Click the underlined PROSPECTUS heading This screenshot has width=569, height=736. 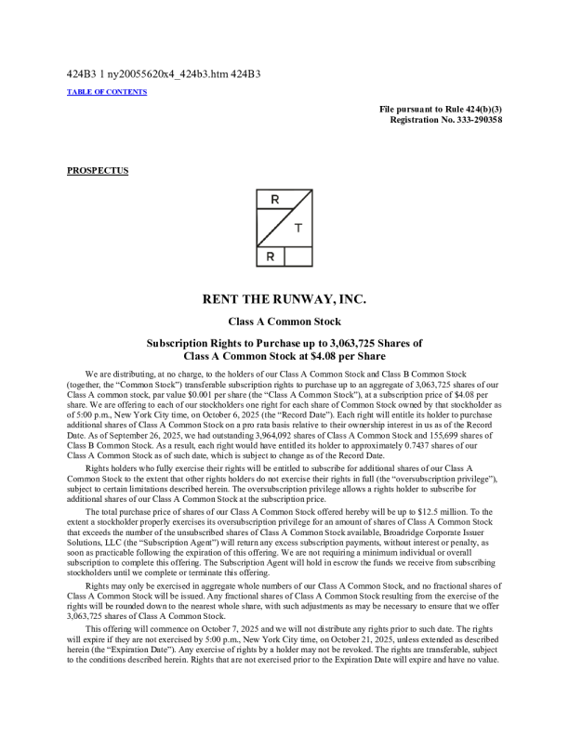click(x=98, y=170)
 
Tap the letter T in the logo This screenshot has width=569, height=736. click(x=298, y=228)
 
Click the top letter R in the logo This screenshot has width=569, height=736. click(x=274, y=201)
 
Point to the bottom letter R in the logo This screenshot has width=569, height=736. click(x=270, y=256)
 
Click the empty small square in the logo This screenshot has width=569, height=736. click(x=298, y=256)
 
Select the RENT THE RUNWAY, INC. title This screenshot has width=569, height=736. click(x=284, y=300)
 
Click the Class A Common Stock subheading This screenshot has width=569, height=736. click(x=284, y=322)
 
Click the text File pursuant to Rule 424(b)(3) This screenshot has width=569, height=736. click(x=442, y=110)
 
